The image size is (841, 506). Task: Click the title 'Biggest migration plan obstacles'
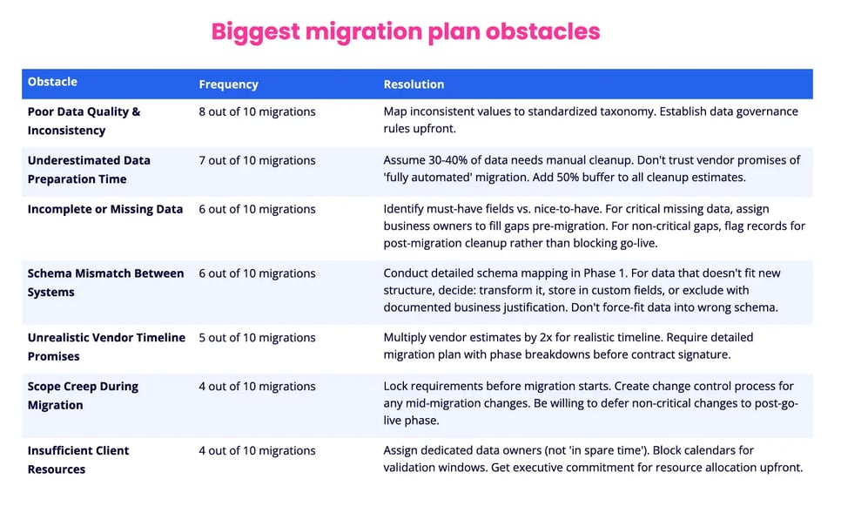(406, 31)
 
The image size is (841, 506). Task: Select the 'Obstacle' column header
(52, 82)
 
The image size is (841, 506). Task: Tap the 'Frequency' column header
(228, 84)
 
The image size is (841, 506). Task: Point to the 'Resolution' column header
(414, 84)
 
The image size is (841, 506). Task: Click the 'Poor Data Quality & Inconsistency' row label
(84, 121)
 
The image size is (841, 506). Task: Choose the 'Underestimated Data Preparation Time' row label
(89, 170)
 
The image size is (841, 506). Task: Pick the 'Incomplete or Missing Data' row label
(105, 209)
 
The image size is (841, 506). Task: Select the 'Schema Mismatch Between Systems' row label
(105, 282)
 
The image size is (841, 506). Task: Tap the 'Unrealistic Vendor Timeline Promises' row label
(106, 347)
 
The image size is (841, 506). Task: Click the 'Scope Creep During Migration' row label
(83, 395)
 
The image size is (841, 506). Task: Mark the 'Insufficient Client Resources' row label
(78, 460)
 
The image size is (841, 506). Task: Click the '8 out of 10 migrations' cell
(257, 111)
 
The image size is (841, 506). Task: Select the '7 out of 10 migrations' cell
(257, 160)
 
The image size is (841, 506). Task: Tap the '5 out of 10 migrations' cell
(257, 338)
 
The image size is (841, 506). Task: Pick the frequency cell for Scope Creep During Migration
(257, 387)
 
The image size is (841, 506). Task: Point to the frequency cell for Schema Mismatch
(257, 273)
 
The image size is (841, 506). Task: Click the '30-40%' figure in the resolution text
(449, 160)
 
